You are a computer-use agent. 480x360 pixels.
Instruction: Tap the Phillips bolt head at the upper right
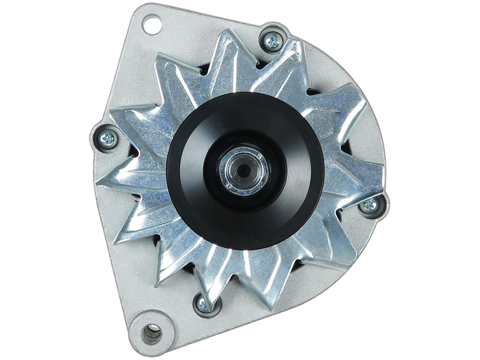pyautogui.click(x=272, y=41)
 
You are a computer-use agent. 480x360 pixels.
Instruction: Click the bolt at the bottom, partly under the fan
pyautogui.click(x=203, y=304)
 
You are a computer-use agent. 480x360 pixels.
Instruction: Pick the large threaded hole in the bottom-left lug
pyautogui.click(x=151, y=332)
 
